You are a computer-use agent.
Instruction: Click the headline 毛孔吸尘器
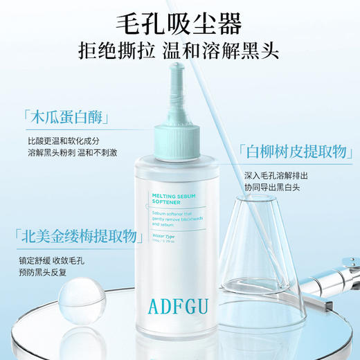[180, 25]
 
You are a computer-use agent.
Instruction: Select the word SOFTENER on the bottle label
[167, 204]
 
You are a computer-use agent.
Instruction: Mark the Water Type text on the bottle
[165, 237]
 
